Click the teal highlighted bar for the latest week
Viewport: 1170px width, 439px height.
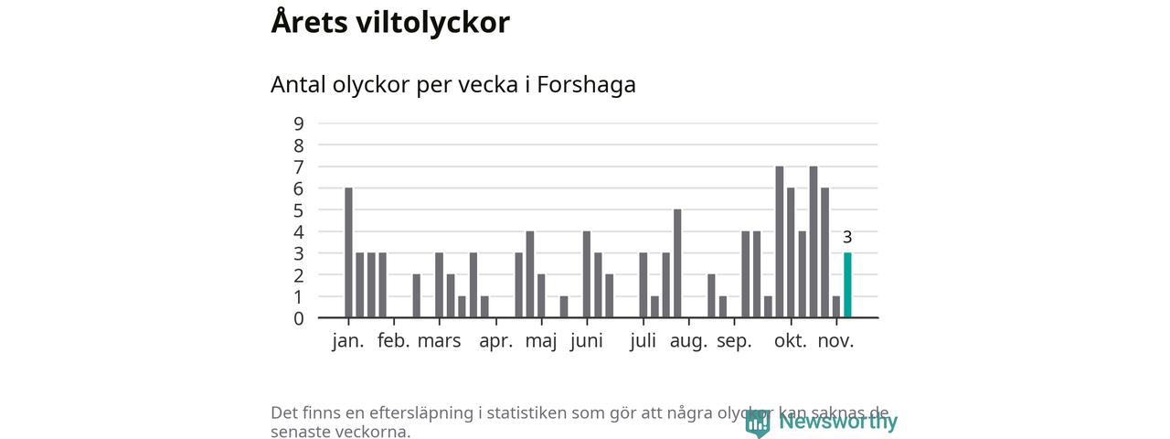coord(847,285)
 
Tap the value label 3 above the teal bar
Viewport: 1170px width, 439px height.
coord(847,238)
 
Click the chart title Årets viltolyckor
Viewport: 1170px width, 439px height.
coord(390,22)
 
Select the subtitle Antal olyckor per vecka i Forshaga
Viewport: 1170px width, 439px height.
coord(452,84)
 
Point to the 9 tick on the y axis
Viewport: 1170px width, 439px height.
coord(299,123)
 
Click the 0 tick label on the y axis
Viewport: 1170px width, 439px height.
coord(299,319)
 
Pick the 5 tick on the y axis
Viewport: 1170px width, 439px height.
coord(299,210)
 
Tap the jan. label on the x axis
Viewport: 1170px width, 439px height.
coord(348,341)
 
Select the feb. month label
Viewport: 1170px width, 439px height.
coord(394,341)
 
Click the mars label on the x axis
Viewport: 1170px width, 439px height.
coord(439,341)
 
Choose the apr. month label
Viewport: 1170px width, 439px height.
coord(496,341)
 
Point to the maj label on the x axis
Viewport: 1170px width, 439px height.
coord(541,341)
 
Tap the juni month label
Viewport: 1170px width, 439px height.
coord(586,341)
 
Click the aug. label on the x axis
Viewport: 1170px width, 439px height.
coord(688,341)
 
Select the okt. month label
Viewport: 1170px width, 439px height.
coord(791,341)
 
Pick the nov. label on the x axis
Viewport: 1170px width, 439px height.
coord(835,341)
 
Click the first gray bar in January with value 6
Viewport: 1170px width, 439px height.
coord(348,252)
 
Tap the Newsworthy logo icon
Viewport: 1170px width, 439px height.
coord(757,423)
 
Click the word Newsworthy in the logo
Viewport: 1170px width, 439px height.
coord(838,422)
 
